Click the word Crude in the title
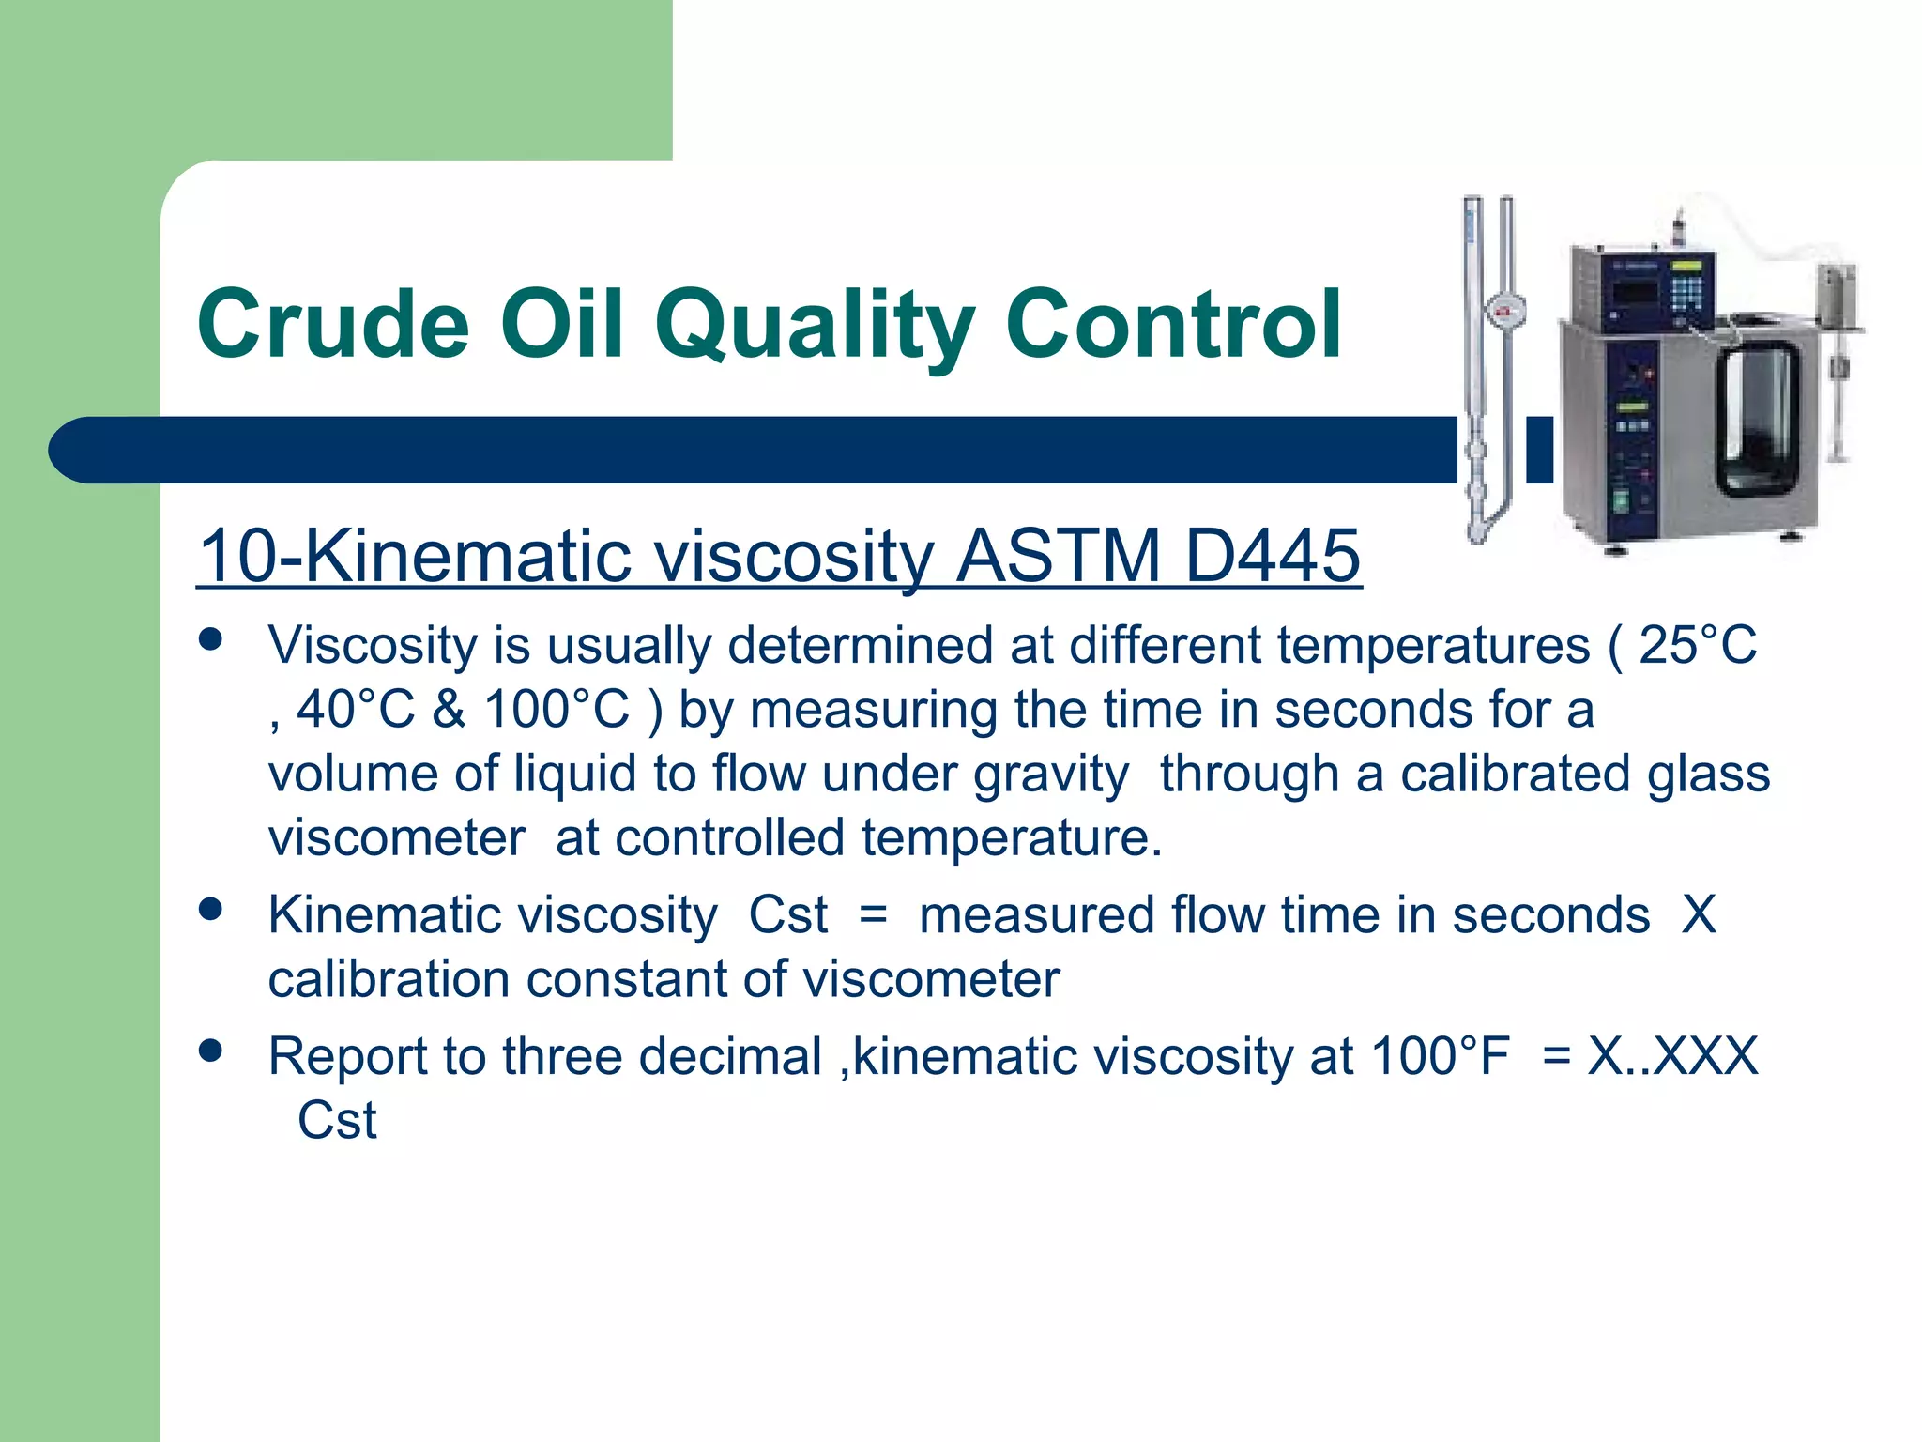pyautogui.click(x=333, y=324)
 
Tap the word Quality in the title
pyautogui.click(x=815, y=324)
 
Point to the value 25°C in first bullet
pyautogui.click(x=1697, y=646)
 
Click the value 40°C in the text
pyautogui.click(x=356, y=710)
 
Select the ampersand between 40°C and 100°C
pyautogui.click(x=450, y=710)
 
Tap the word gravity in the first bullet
pyautogui.click(x=1050, y=775)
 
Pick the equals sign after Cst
pyautogui.click(x=873, y=915)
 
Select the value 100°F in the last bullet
pyautogui.click(x=1439, y=1056)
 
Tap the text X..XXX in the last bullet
pyautogui.click(x=1671, y=1056)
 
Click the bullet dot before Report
pyautogui.click(x=210, y=1051)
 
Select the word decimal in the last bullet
pyautogui.click(x=734, y=1056)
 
